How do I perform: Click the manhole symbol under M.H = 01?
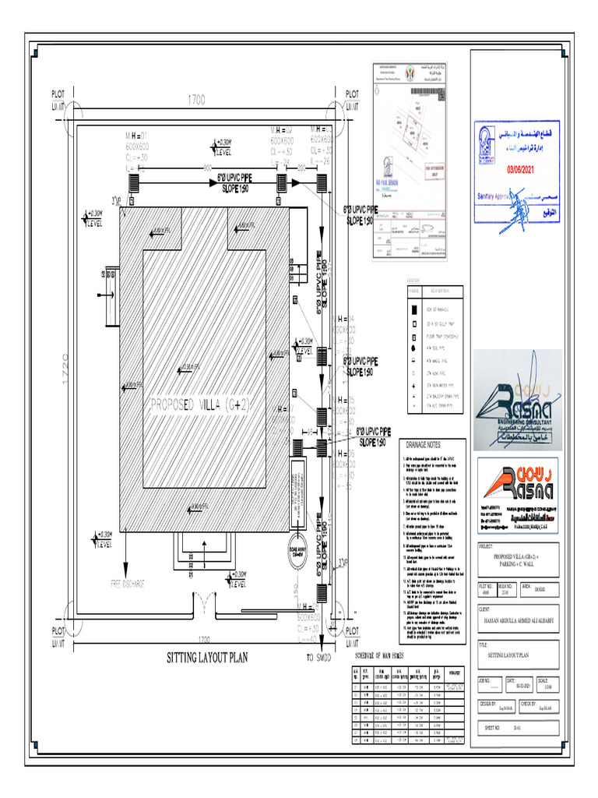pyautogui.click(x=133, y=182)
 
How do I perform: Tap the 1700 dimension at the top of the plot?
pyautogui.click(x=196, y=101)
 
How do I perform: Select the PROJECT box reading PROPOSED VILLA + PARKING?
pyautogui.click(x=517, y=557)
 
